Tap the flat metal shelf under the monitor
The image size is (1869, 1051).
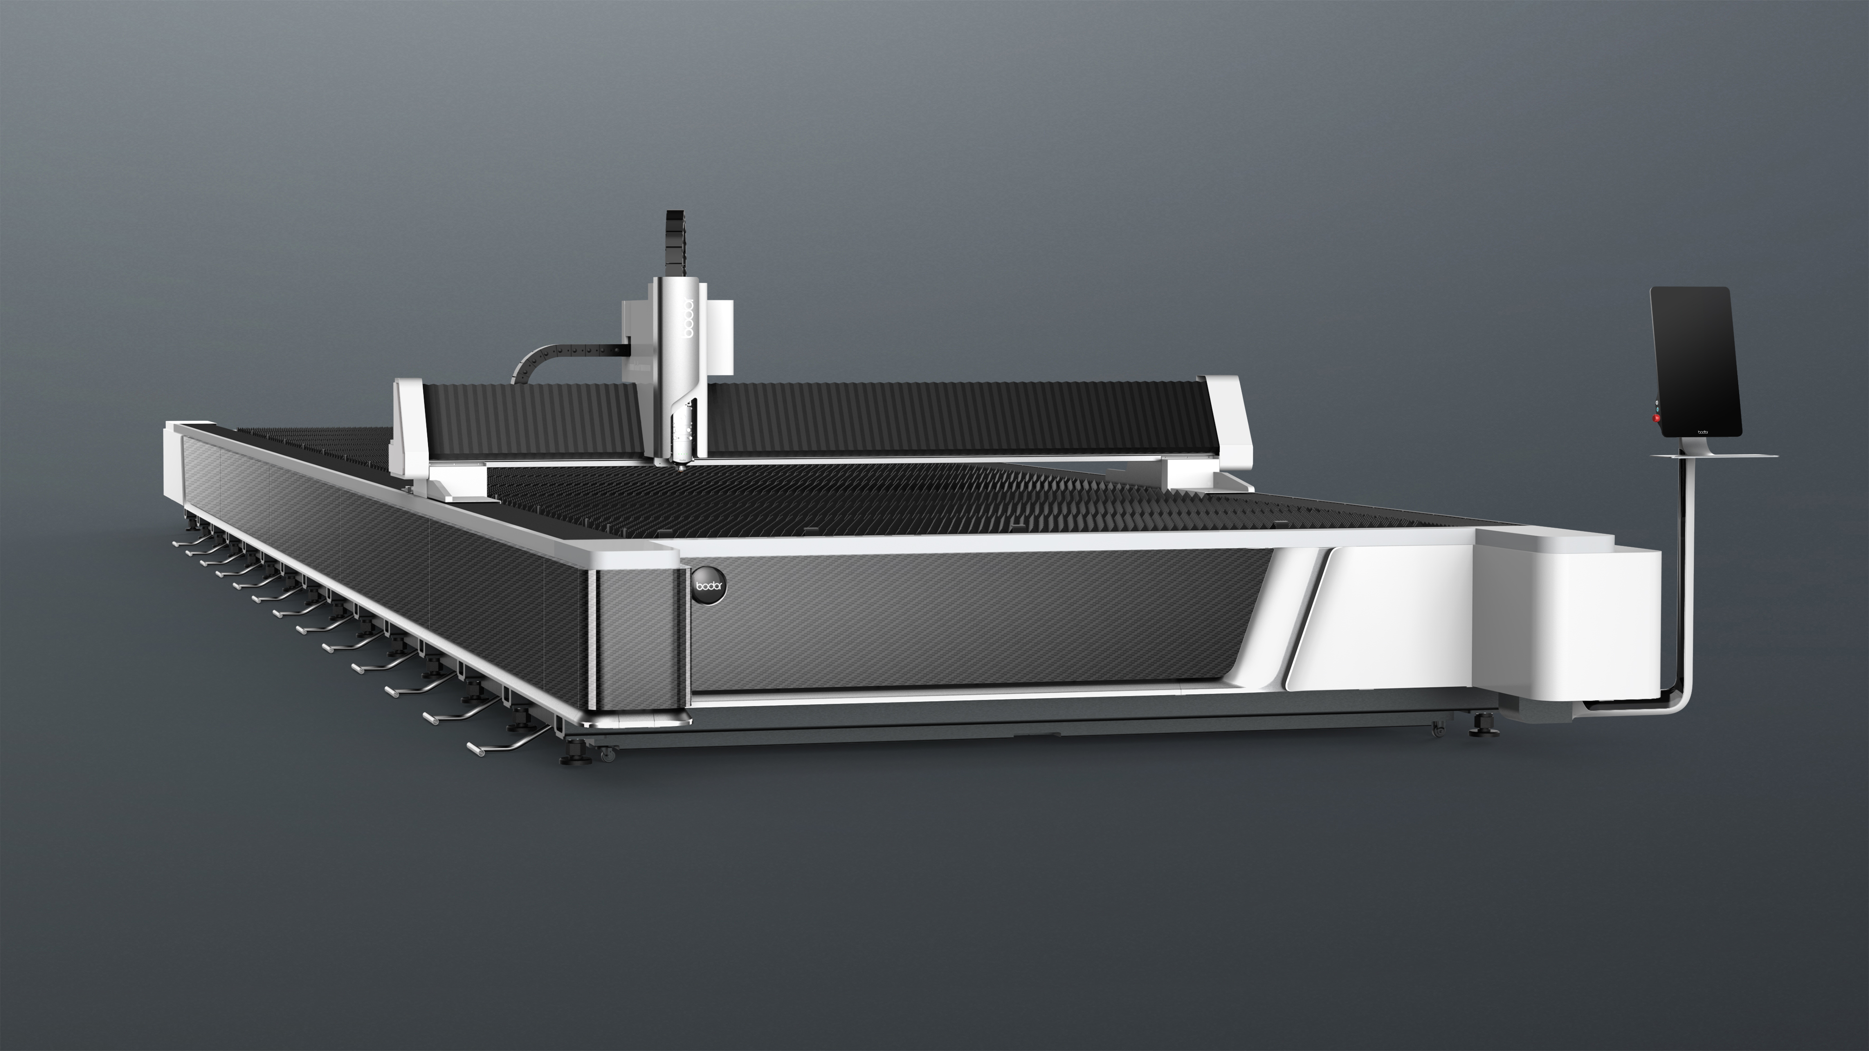point(1714,455)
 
